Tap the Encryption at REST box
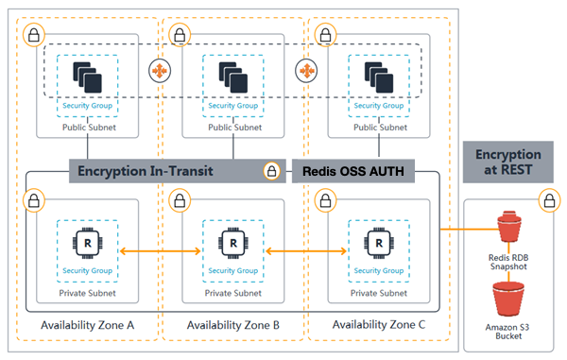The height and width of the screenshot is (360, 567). point(507,162)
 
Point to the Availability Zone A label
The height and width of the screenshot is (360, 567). point(89,326)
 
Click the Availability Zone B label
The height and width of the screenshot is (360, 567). point(233,326)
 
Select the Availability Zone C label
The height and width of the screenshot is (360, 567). point(380,326)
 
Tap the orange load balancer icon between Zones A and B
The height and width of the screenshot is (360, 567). point(160,71)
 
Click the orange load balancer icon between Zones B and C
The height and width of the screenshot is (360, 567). point(306,71)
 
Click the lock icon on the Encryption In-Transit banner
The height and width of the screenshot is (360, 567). point(272,171)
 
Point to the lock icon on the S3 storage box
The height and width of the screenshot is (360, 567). point(546,200)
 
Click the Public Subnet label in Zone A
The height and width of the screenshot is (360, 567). point(89,127)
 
